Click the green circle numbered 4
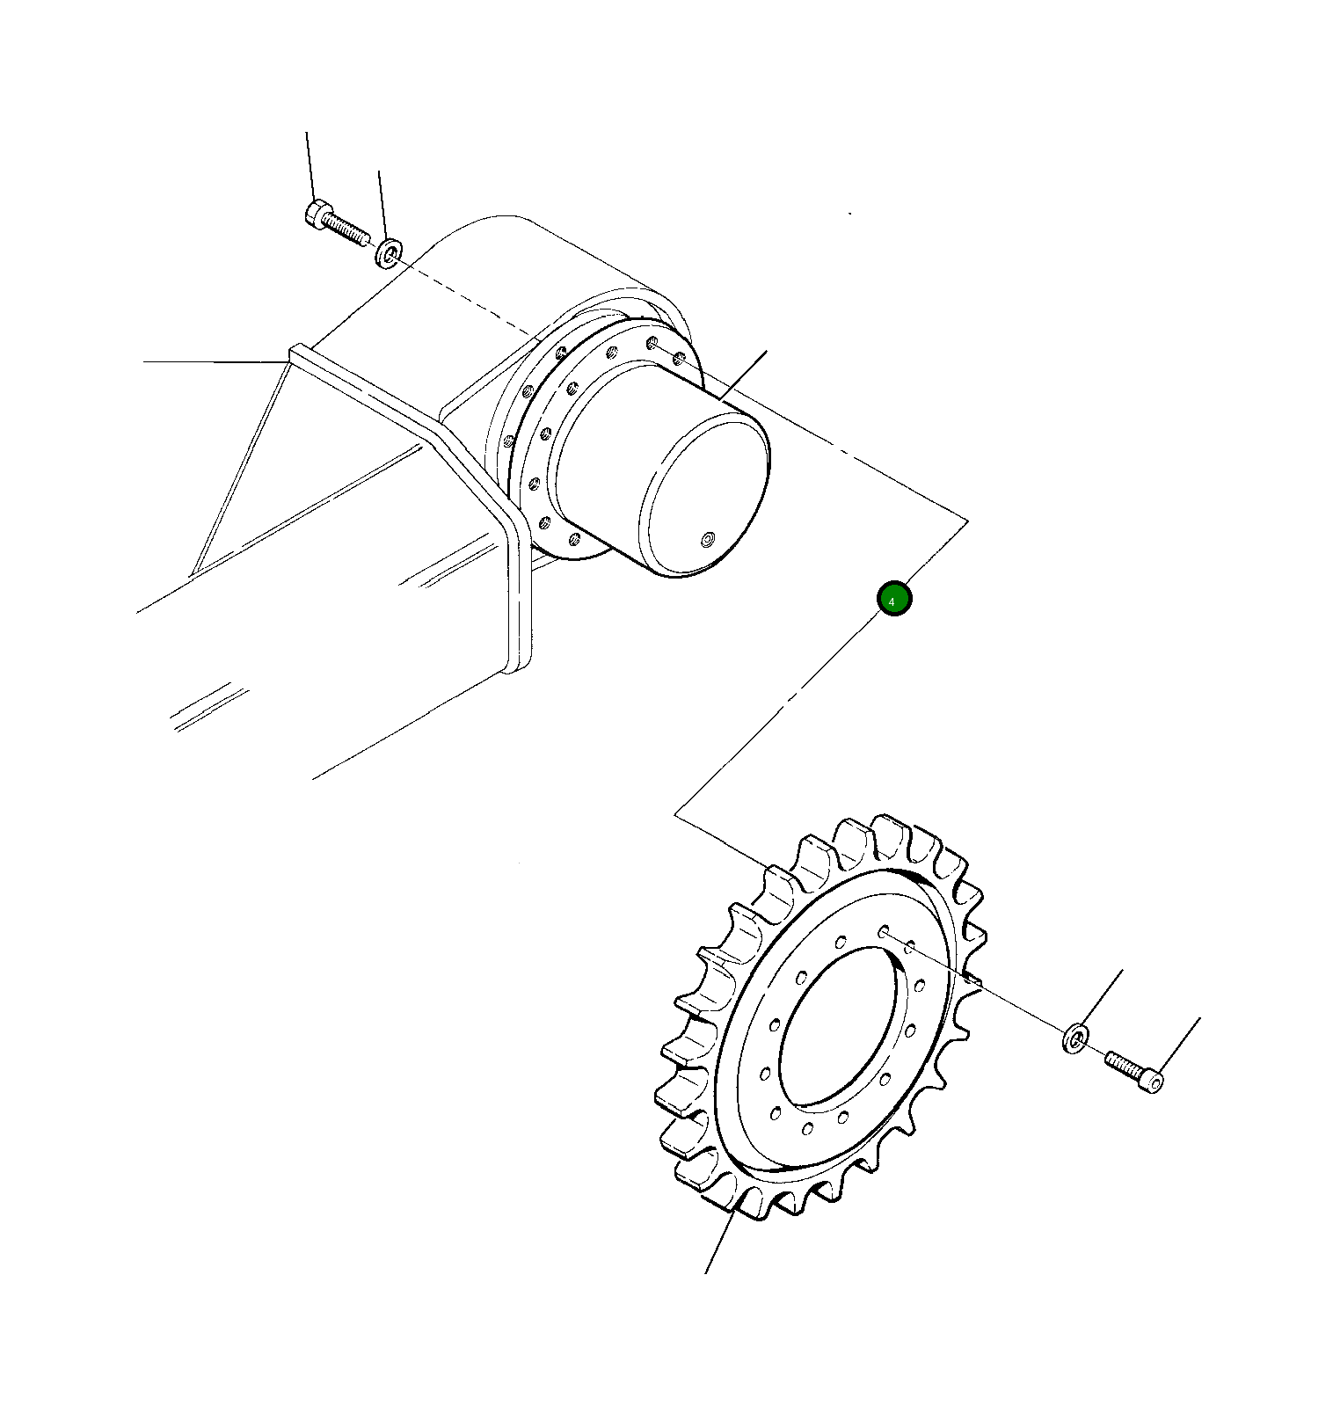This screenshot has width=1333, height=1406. click(x=894, y=599)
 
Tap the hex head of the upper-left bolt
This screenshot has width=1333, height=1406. click(x=317, y=214)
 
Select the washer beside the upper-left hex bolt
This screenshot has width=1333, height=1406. click(x=388, y=251)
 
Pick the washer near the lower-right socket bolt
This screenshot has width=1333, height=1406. click(x=1074, y=1038)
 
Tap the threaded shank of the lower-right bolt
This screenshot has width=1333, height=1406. click(x=1121, y=1064)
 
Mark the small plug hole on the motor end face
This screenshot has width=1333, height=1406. click(x=709, y=538)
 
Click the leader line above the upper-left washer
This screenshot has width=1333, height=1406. click(x=381, y=202)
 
